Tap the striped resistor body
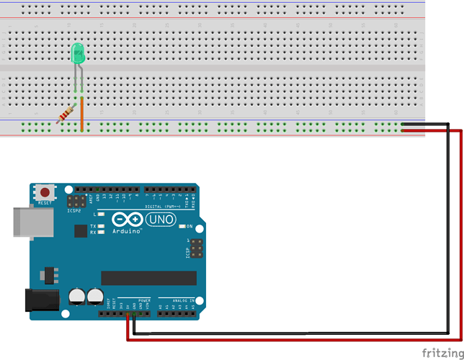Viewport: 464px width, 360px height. pos(67,114)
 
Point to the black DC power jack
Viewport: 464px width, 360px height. pos(42,301)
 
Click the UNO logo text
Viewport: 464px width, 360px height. pos(161,220)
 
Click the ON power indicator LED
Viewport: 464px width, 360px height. pos(182,226)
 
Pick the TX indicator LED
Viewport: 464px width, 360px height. pos(102,226)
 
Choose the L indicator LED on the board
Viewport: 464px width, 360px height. pos(102,215)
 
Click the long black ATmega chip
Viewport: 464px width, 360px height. pos(148,278)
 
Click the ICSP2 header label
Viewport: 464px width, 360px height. pos(73,212)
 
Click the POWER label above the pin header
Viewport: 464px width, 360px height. pos(144,300)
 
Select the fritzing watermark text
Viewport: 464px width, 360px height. pos(442,352)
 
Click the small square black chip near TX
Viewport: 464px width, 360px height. pos(79,230)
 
